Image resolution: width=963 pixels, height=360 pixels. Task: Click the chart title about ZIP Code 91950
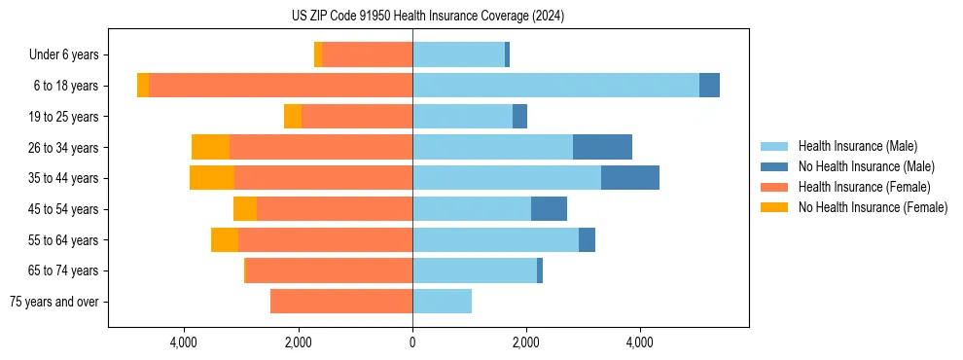pos(427,17)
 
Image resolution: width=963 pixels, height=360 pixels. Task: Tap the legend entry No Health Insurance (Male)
pos(866,166)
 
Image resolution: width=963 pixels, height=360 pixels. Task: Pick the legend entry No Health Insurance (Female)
pos(873,207)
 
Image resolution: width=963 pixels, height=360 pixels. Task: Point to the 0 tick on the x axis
pos(412,342)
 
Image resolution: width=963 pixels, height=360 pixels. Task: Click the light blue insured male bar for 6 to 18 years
pos(555,86)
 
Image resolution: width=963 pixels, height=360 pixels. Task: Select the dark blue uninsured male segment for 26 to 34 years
pos(602,147)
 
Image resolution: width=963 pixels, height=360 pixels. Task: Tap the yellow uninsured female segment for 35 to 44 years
pos(212,178)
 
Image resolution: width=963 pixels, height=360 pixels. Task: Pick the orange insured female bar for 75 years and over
pos(341,302)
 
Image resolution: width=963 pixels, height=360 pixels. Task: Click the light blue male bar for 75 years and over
pos(442,302)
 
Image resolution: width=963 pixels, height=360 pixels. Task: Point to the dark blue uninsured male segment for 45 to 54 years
pos(549,209)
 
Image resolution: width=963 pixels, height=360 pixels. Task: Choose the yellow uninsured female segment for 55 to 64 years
pos(225,240)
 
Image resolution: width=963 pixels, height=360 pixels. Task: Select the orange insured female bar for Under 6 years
pos(367,55)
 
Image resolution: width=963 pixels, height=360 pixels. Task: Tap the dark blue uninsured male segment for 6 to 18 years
pos(709,86)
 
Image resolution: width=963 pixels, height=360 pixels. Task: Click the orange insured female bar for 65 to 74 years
pos(330,270)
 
